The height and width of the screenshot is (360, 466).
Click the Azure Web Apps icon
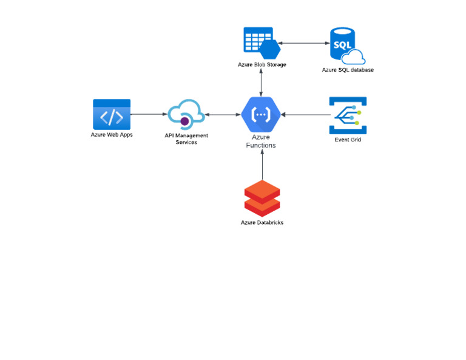112,114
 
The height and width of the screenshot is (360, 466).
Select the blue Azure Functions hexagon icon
262,114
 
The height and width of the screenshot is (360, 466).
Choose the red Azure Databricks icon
262,198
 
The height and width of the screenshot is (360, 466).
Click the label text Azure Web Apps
112,135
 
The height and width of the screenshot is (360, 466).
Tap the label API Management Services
186,138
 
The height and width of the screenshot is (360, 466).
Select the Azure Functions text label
261,141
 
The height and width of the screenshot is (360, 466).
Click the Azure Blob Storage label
262,64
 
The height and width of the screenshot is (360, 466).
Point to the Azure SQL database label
348,70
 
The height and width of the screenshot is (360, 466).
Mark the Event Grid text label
348,140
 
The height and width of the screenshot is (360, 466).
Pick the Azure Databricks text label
262,223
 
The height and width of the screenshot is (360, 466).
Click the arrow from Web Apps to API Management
149,114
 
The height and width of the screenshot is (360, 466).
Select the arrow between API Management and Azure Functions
223,114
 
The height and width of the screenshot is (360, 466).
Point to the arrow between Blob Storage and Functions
262,82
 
